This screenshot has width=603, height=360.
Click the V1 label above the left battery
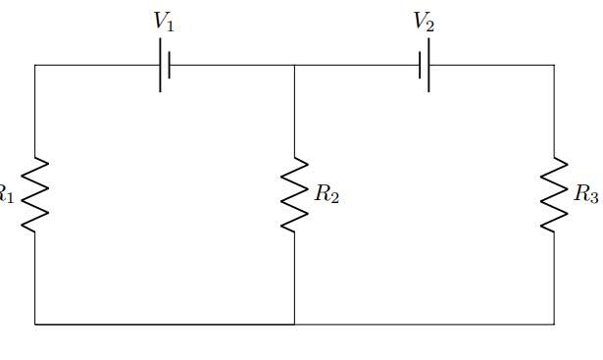coord(163,23)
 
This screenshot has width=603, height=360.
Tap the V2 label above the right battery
coord(424,23)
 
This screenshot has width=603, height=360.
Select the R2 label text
coord(327,194)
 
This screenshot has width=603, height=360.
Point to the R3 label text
coord(586,194)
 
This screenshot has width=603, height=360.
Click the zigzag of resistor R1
coord(35,194)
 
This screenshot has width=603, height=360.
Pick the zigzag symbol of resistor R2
coord(294,194)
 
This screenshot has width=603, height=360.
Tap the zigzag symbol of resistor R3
coord(554,194)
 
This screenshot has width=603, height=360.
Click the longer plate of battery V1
coord(160,65)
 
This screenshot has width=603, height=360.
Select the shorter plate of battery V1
coord(170,65)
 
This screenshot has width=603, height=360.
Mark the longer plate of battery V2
coord(428,65)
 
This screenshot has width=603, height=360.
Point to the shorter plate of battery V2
coord(420,65)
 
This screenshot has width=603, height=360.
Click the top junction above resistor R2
coord(294,65)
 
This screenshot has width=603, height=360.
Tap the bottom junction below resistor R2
coord(294,323)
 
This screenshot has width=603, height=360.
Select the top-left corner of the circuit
coord(35,65)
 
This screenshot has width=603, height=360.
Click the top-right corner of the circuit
coord(554,65)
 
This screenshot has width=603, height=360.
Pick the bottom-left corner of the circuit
coord(35,323)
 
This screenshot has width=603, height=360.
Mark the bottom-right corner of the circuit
coord(554,323)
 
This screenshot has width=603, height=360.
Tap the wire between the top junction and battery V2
coord(357,65)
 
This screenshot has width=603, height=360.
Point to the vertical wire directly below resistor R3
coord(554,279)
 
